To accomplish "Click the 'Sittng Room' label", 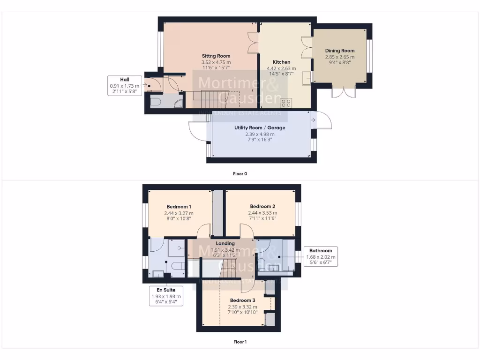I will (216, 56).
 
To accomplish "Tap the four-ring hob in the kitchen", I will (286, 103).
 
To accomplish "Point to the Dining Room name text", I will (340, 51).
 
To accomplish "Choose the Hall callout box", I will (124, 86).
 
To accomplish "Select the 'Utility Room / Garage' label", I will (260, 127).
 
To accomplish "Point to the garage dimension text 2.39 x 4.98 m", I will (260, 134).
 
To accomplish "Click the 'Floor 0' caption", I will (240, 173).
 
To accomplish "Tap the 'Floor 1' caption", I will (240, 342).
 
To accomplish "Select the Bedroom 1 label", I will (179, 207).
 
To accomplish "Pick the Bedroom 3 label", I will (242, 300).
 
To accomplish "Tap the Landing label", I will (225, 243).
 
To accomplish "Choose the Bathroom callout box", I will (321, 256).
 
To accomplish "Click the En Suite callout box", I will (166, 296).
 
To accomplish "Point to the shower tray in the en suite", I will (176, 248).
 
